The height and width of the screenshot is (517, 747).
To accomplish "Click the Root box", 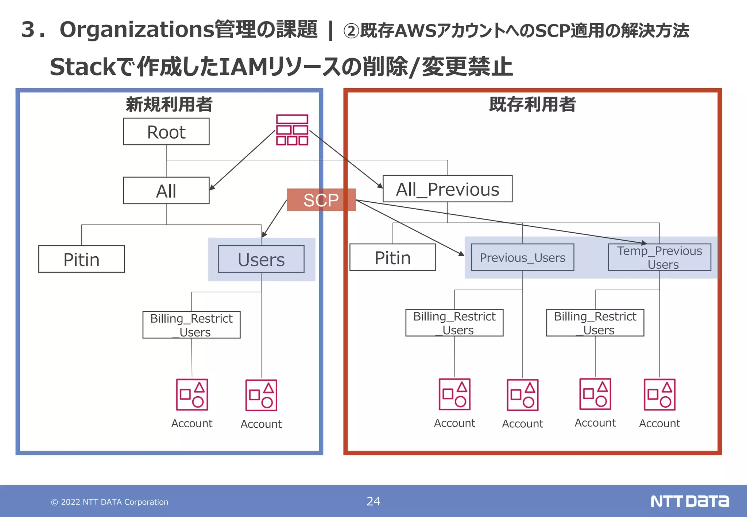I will click(166, 132).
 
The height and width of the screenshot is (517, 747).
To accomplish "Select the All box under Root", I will click(166, 191).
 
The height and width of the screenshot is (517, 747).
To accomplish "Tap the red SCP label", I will click(321, 200).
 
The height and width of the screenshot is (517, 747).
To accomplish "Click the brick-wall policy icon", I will click(292, 130).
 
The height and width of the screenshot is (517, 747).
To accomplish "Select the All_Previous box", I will click(447, 189).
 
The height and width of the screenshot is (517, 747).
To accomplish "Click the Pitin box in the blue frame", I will click(81, 259).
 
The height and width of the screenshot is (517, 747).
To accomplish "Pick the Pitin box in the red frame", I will click(392, 257).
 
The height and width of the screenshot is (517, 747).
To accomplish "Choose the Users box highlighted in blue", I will click(261, 259).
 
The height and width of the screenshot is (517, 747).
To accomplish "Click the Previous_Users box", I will click(522, 257).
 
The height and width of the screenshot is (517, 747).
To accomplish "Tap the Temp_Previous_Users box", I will click(659, 257).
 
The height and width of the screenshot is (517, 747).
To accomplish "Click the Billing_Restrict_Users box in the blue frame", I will click(191, 325).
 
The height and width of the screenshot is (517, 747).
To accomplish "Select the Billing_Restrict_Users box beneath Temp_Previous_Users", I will click(595, 323).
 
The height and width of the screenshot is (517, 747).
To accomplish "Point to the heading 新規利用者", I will click(169, 105).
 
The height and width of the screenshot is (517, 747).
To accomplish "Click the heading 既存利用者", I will click(532, 105).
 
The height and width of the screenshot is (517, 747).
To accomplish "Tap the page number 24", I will click(373, 501).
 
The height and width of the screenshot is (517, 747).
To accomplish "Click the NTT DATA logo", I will click(689, 501).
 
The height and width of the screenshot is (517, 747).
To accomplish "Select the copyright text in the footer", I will click(109, 502).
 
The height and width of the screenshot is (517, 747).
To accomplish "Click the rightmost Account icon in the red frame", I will click(659, 395).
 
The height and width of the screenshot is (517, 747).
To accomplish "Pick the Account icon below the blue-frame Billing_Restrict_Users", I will click(192, 395).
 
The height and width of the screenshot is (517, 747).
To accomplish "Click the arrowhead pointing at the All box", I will click(212, 187).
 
